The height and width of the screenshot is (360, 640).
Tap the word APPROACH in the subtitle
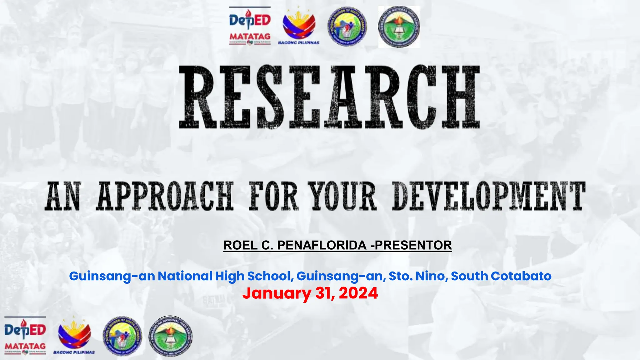click(x=165, y=196)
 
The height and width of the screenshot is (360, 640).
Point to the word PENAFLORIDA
click(x=322, y=245)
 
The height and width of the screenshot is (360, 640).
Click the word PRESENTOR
click(x=413, y=245)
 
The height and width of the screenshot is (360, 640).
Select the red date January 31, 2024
click(x=310, y=293)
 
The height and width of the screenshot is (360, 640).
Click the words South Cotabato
click(x=501, y=276)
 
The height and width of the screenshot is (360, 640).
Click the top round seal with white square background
click(x=399, y=27)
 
